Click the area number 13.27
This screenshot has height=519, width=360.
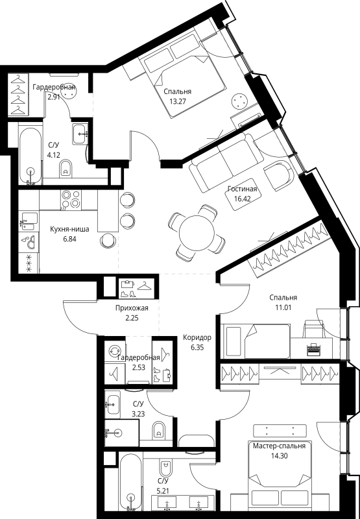(x=177, y=102)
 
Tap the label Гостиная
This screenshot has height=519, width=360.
(x=243, y=189)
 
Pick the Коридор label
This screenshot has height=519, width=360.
(x=197, y=338)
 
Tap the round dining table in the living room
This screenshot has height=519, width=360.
(x=192, y=230)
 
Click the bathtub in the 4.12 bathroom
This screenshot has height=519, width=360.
(x=30, y=156)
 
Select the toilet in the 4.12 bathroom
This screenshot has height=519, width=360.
(x=64, y=171)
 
